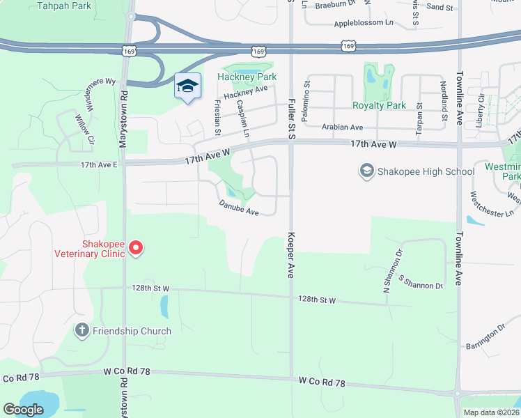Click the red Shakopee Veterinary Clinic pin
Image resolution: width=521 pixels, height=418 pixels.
(137, 247)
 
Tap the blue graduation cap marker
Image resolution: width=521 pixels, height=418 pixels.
(187, 86)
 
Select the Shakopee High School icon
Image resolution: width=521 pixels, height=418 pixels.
(366, 171)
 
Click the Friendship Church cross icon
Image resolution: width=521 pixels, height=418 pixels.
(82, 330)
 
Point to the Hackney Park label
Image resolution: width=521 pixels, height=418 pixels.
(247, 77)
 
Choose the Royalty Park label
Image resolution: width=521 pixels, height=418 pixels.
(379, 105)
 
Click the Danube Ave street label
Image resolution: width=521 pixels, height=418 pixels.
(239, 207)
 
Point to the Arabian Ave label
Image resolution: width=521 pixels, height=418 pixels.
(342, 127)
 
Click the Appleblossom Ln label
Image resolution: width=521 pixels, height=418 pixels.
(364, 23)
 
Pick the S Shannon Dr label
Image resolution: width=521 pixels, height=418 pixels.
(421, 282)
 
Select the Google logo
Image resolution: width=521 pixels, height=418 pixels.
(23, 410)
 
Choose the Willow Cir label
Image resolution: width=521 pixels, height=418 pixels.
(84, 130)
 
